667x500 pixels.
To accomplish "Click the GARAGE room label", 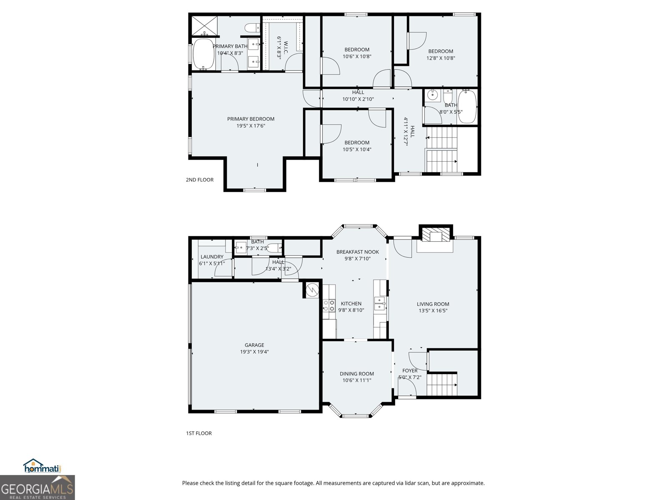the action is [254, 345].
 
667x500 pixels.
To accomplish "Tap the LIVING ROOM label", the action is [433, 304].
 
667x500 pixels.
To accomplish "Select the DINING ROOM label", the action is [357, 374].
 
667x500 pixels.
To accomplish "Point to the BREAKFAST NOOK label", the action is [358, 252].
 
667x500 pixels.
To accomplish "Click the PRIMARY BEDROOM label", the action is [251, 119].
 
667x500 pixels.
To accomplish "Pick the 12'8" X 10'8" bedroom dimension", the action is [441, 58].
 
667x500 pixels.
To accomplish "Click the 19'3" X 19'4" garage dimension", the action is [254, 352].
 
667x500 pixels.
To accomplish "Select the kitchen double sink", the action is [380, 303].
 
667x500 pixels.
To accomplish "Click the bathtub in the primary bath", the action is [203, 54].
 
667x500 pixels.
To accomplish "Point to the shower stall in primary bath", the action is [205, 25].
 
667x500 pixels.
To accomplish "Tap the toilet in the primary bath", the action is [252, 28].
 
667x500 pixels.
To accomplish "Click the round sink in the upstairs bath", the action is [432, 95].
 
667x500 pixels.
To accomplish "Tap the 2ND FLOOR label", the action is [200, 180].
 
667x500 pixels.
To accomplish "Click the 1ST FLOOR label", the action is [199, 433].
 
